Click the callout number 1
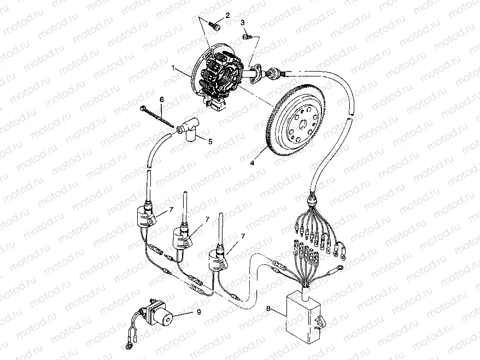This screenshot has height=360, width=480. pos(173,69)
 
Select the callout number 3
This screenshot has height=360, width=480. pos(242,22)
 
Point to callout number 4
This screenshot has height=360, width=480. pos(252,162)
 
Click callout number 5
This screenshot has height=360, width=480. pos(209,141)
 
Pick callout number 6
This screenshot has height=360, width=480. pos(162,99)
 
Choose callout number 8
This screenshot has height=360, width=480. pos(268,309)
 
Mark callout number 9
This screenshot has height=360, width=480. pos(198,312)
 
